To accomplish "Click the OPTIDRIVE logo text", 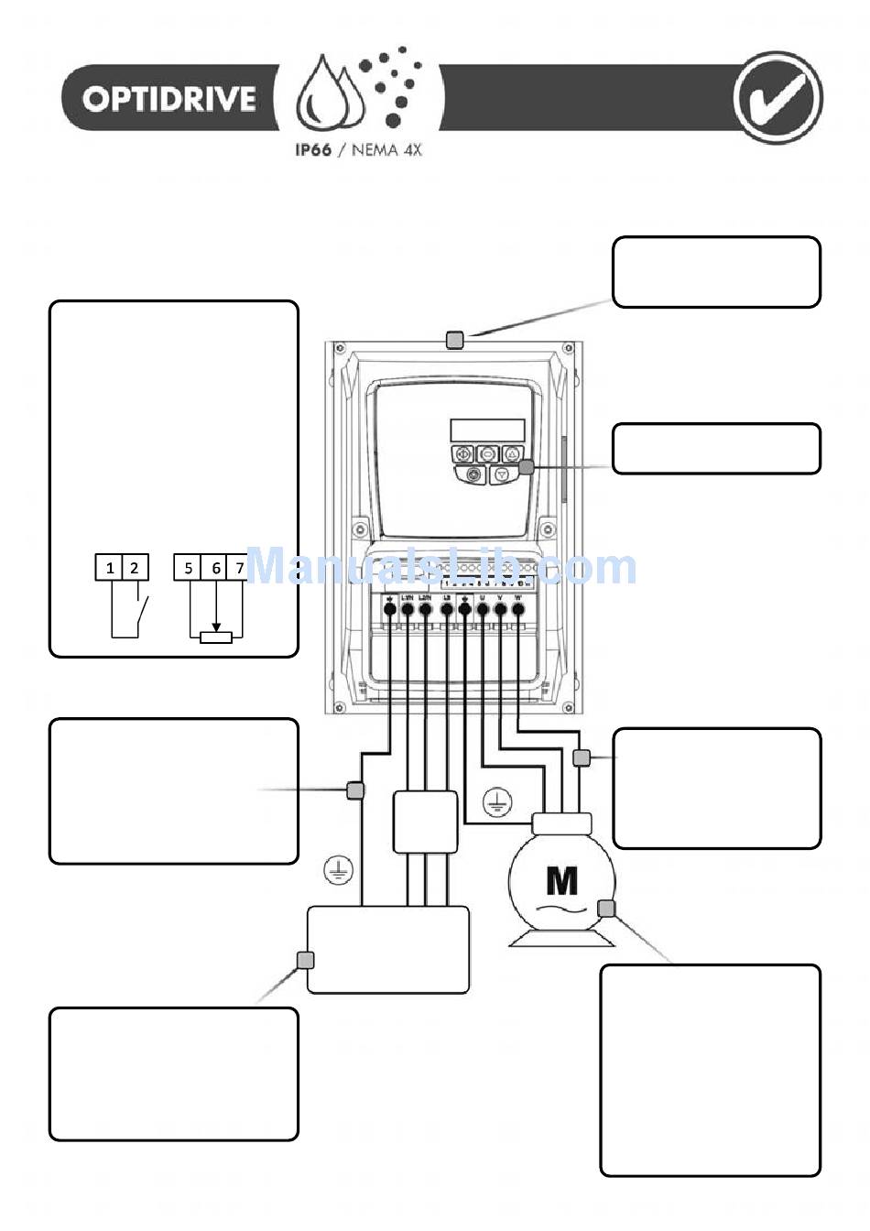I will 169,99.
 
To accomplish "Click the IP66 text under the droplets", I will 312,150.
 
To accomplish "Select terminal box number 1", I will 110,568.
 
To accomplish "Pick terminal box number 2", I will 135,568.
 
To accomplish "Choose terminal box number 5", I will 188,568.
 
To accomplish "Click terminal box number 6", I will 216,568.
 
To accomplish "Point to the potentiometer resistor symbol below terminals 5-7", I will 216,636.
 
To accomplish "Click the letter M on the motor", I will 561,880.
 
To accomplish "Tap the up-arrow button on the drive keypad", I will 513,452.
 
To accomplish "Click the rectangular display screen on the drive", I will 487,430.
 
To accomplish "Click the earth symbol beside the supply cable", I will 339,870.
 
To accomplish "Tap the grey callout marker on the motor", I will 606,908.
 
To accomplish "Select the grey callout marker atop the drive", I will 454,340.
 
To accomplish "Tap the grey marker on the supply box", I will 306,960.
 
